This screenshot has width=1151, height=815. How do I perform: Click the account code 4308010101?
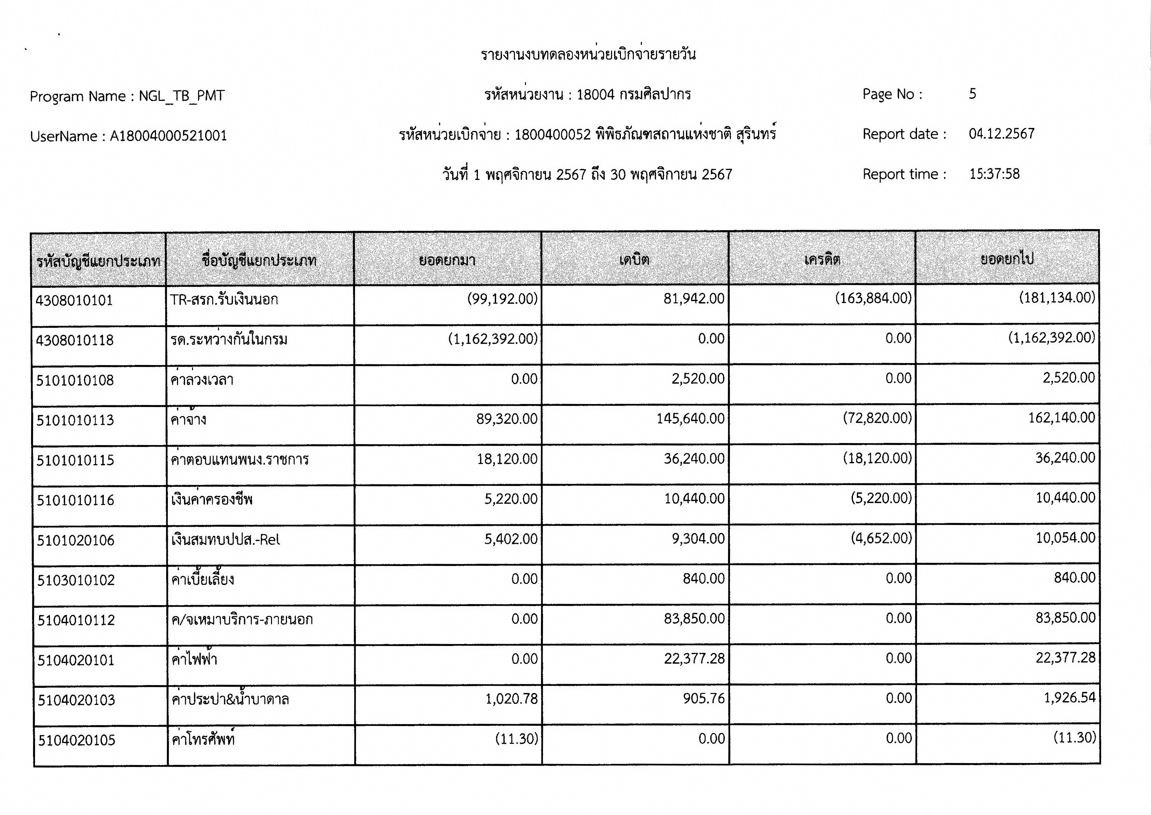coord(74,301)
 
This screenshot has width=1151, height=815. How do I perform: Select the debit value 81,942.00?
coord(694,299)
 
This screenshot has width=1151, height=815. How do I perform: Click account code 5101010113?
coord(75,420)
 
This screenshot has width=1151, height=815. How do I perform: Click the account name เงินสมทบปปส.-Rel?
coord(225,540)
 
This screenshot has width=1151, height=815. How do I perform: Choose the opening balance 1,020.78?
coord(511,699)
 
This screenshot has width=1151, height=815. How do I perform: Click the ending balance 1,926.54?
coord(1069,698)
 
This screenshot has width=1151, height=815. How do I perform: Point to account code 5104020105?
coord(77,740)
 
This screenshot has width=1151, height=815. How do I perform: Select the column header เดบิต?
coord(634,260)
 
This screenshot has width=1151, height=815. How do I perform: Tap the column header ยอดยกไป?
coord(1007,259)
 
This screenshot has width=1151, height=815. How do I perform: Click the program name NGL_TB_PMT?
coord(181,96)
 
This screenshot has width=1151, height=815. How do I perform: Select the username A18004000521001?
coord(169,136)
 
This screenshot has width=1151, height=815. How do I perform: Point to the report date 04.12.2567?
coord(1002,134)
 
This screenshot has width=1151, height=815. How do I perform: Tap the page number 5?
coord(973,94)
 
